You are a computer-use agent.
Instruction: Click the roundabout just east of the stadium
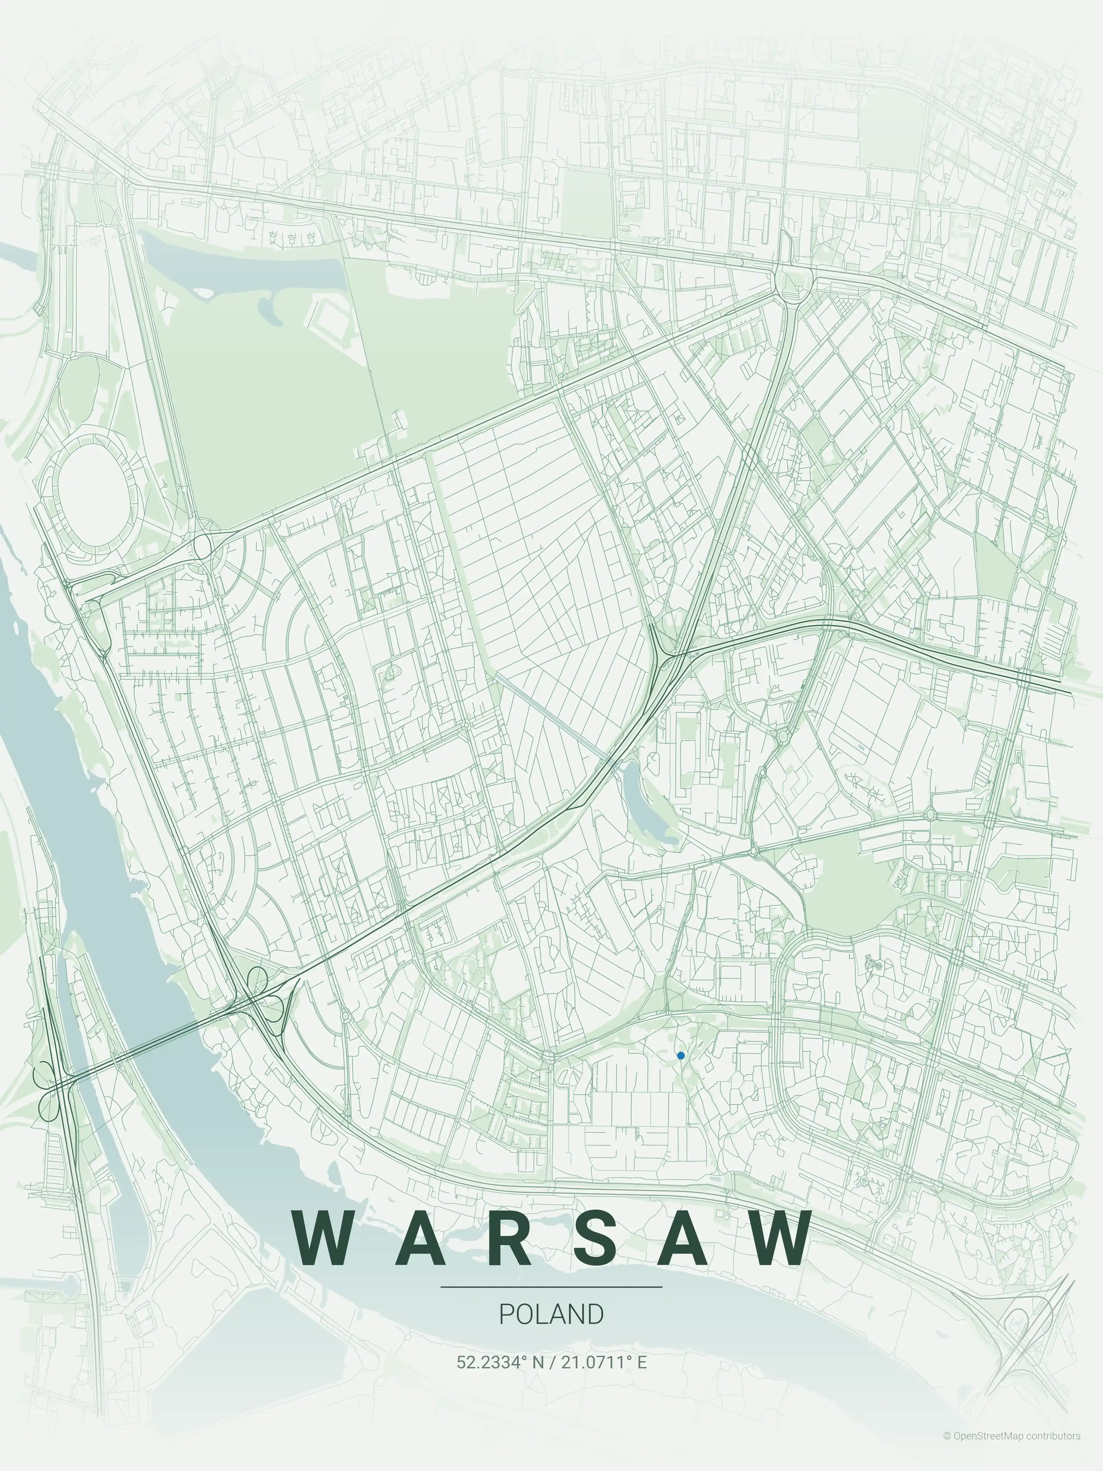pos(202,547)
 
